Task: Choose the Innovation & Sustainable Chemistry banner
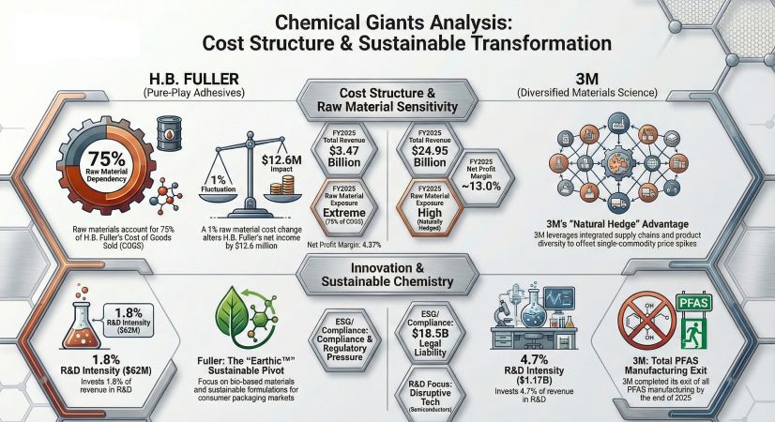[x=387, y=274]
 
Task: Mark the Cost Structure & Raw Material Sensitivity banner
[x=387, y=100]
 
